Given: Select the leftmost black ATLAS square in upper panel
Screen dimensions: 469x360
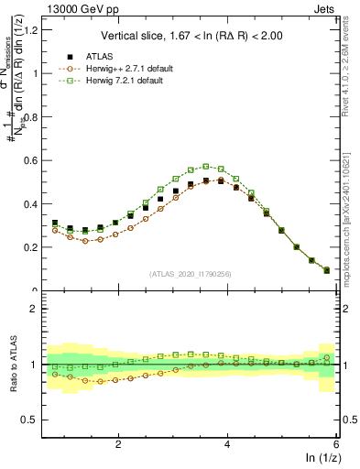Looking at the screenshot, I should [55, 223].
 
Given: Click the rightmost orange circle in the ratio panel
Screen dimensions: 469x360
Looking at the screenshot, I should [327, 357].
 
